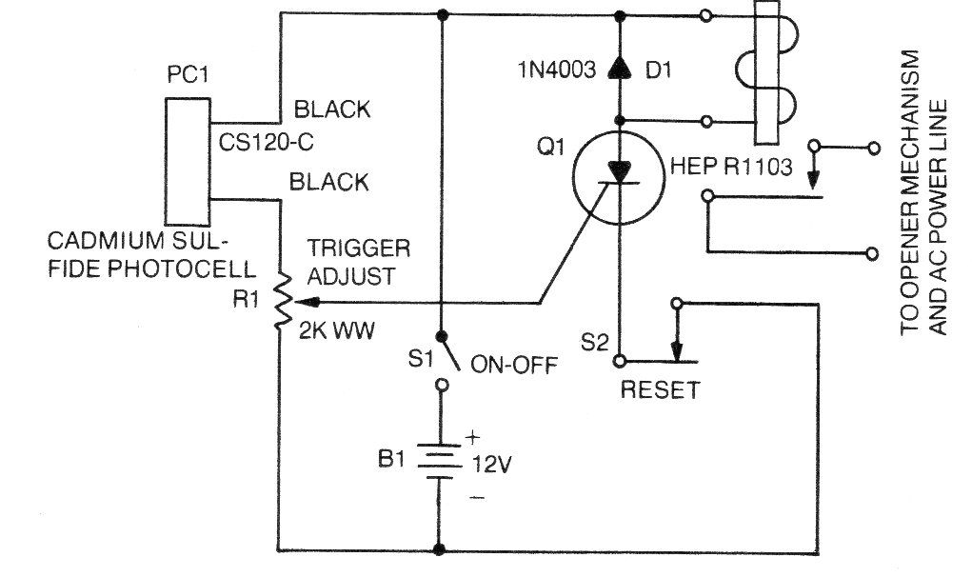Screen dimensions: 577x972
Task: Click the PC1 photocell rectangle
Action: (188, 156)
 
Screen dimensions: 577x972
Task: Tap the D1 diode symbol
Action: (620, 68)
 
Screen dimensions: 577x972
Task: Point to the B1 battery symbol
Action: (440, 462)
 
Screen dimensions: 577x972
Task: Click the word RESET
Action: (660, 389)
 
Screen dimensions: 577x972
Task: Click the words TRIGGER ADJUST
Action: (359, 263)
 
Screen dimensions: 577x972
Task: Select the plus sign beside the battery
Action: (472, 439)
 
